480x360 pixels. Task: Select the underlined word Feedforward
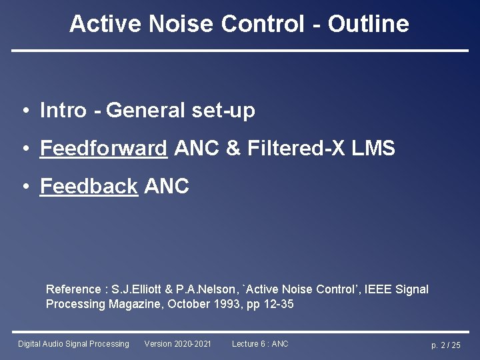coord(103,148)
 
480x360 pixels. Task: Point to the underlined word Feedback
coord(89,187)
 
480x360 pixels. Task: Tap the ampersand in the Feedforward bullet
coord(233,148)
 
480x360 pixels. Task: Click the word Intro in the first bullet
coord(63,110)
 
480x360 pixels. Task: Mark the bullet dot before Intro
coord(24,111)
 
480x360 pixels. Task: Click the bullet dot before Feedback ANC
coord(24,187)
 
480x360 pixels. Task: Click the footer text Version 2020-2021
coord(177,344)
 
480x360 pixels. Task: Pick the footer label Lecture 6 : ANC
coord(260,344)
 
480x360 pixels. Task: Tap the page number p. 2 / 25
coord(445,345)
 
